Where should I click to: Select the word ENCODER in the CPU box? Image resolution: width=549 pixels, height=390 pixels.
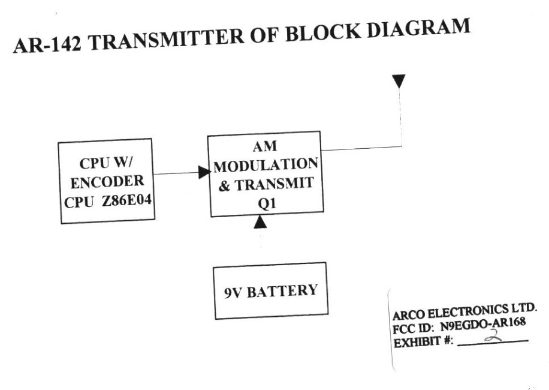(x=107, y=182)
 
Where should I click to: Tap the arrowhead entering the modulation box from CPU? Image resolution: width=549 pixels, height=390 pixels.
(x=204, y=172)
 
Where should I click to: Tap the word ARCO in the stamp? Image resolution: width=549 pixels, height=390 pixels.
(x=409, y=316)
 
